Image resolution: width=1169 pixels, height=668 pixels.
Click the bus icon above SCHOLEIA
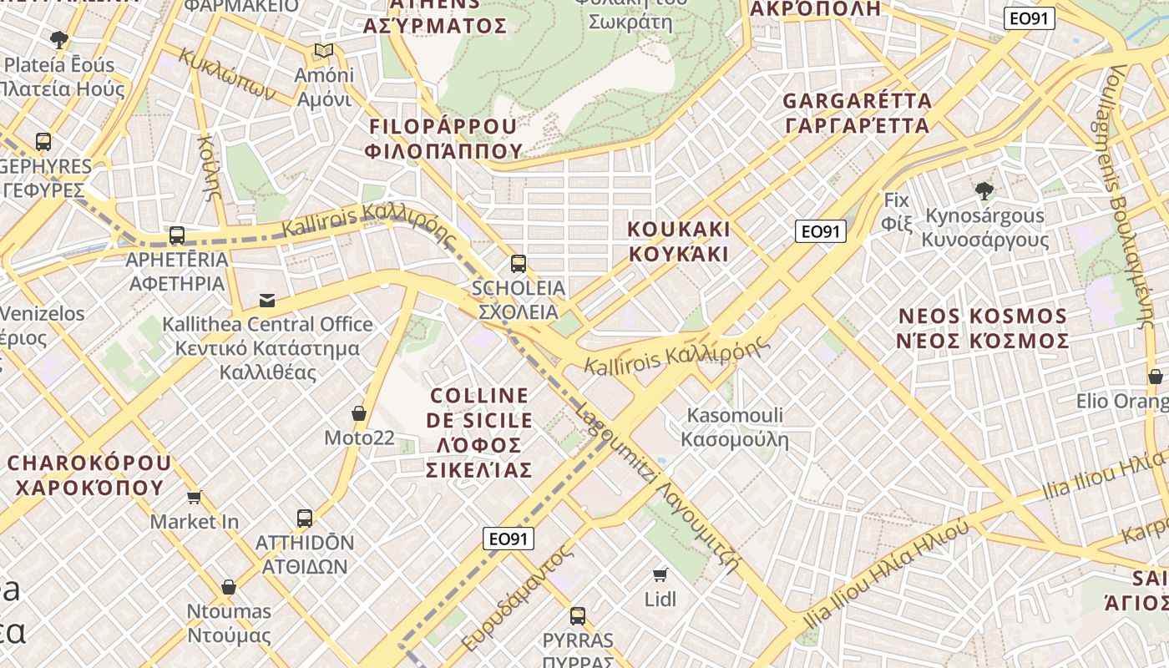pos(518,264)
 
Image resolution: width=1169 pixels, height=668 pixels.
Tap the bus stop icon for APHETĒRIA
pos(176,235)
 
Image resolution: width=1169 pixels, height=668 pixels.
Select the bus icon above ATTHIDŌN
pos(305,518)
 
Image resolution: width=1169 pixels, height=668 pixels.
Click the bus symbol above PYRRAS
pos(577,616)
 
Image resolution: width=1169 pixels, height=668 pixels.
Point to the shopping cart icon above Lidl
pos(660,574)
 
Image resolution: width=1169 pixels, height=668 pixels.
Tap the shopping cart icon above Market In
pos(195,498)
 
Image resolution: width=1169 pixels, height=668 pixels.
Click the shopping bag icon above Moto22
pos(359,412)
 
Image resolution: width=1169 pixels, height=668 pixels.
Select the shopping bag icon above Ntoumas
pos(229,587)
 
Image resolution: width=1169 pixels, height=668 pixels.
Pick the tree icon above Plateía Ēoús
pos(58,39)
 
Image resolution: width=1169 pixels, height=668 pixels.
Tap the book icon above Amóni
pos(324,51)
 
